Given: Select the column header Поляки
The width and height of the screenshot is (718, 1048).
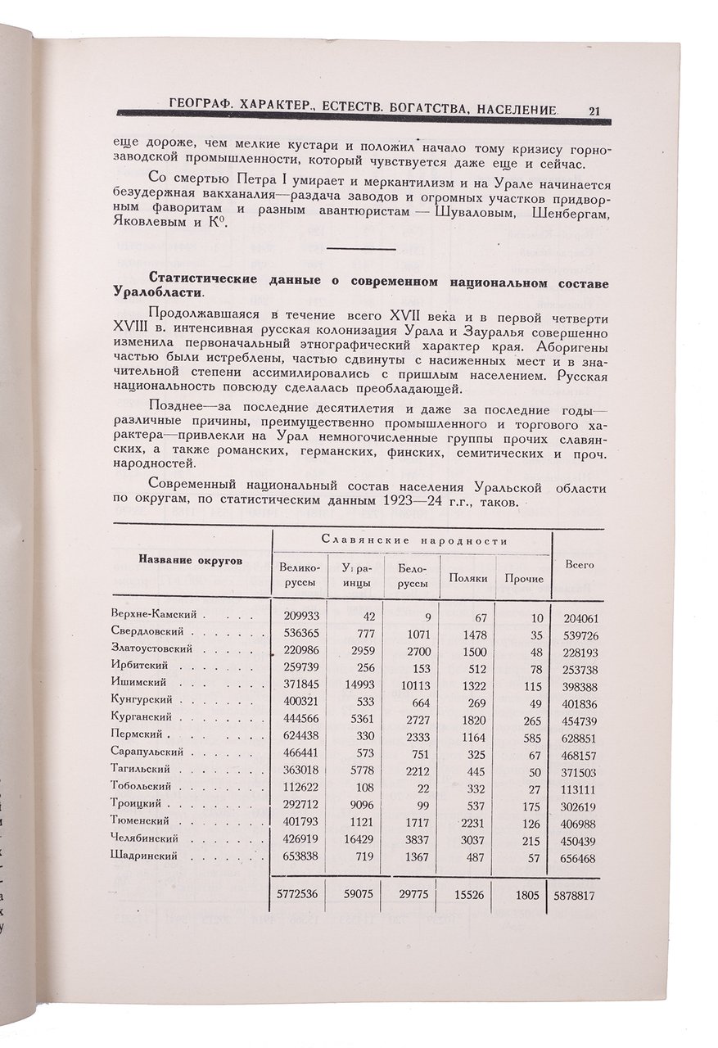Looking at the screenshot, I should click(468, 578).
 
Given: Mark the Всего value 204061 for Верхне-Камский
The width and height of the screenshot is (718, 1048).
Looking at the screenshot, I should click(580, 617).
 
